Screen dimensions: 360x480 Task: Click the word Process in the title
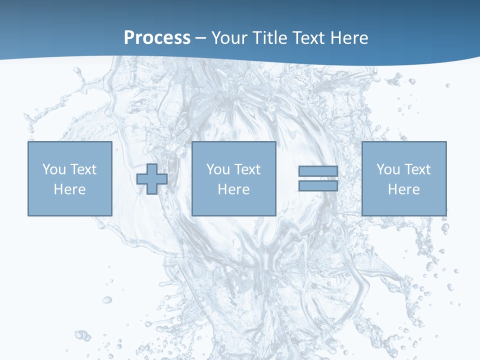[157, 38]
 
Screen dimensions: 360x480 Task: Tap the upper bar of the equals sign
[318, 171]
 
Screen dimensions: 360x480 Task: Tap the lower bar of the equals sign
[318, 185]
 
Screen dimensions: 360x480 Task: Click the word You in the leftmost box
[54, 169]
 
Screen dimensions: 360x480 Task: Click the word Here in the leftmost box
[69, 189]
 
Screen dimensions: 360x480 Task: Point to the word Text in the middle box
[247, 169]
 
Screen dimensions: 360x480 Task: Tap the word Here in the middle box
[233, 189]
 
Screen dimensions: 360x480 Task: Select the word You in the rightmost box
[388, 169]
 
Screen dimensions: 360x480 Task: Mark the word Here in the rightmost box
[403, 189]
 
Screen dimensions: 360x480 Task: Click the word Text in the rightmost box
[417, 169]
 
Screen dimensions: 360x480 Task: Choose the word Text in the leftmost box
[83, 169]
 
